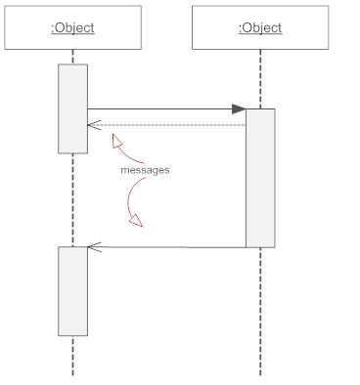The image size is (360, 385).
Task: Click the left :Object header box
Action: (x=72, y=27)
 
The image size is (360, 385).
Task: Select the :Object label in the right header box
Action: (x=260, y=27)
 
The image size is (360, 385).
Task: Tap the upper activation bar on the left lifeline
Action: (x=72, y=107)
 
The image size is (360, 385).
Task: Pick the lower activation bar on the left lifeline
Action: (x=72, y=290)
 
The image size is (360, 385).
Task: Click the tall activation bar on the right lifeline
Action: (x=260, y=178)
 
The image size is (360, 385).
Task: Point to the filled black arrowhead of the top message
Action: (x=238, y=109)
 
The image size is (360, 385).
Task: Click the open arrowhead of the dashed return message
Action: (x=94, y=125)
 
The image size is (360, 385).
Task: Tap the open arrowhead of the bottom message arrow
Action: (x=94, y=247)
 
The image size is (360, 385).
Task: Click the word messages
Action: (x=145, y=170)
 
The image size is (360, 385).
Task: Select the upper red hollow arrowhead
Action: (x=117, y=143)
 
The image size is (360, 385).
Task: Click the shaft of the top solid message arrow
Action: (x=157, y=109)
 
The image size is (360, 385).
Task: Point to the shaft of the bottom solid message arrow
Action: (x=166, y=247)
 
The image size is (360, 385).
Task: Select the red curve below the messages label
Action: (x=128, y=195)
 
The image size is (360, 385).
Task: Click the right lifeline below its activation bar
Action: (x=260, y=313)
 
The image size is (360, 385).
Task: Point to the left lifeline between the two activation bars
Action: (x=72, y=200)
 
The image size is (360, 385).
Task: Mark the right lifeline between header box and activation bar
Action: (x=260, y=78)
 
